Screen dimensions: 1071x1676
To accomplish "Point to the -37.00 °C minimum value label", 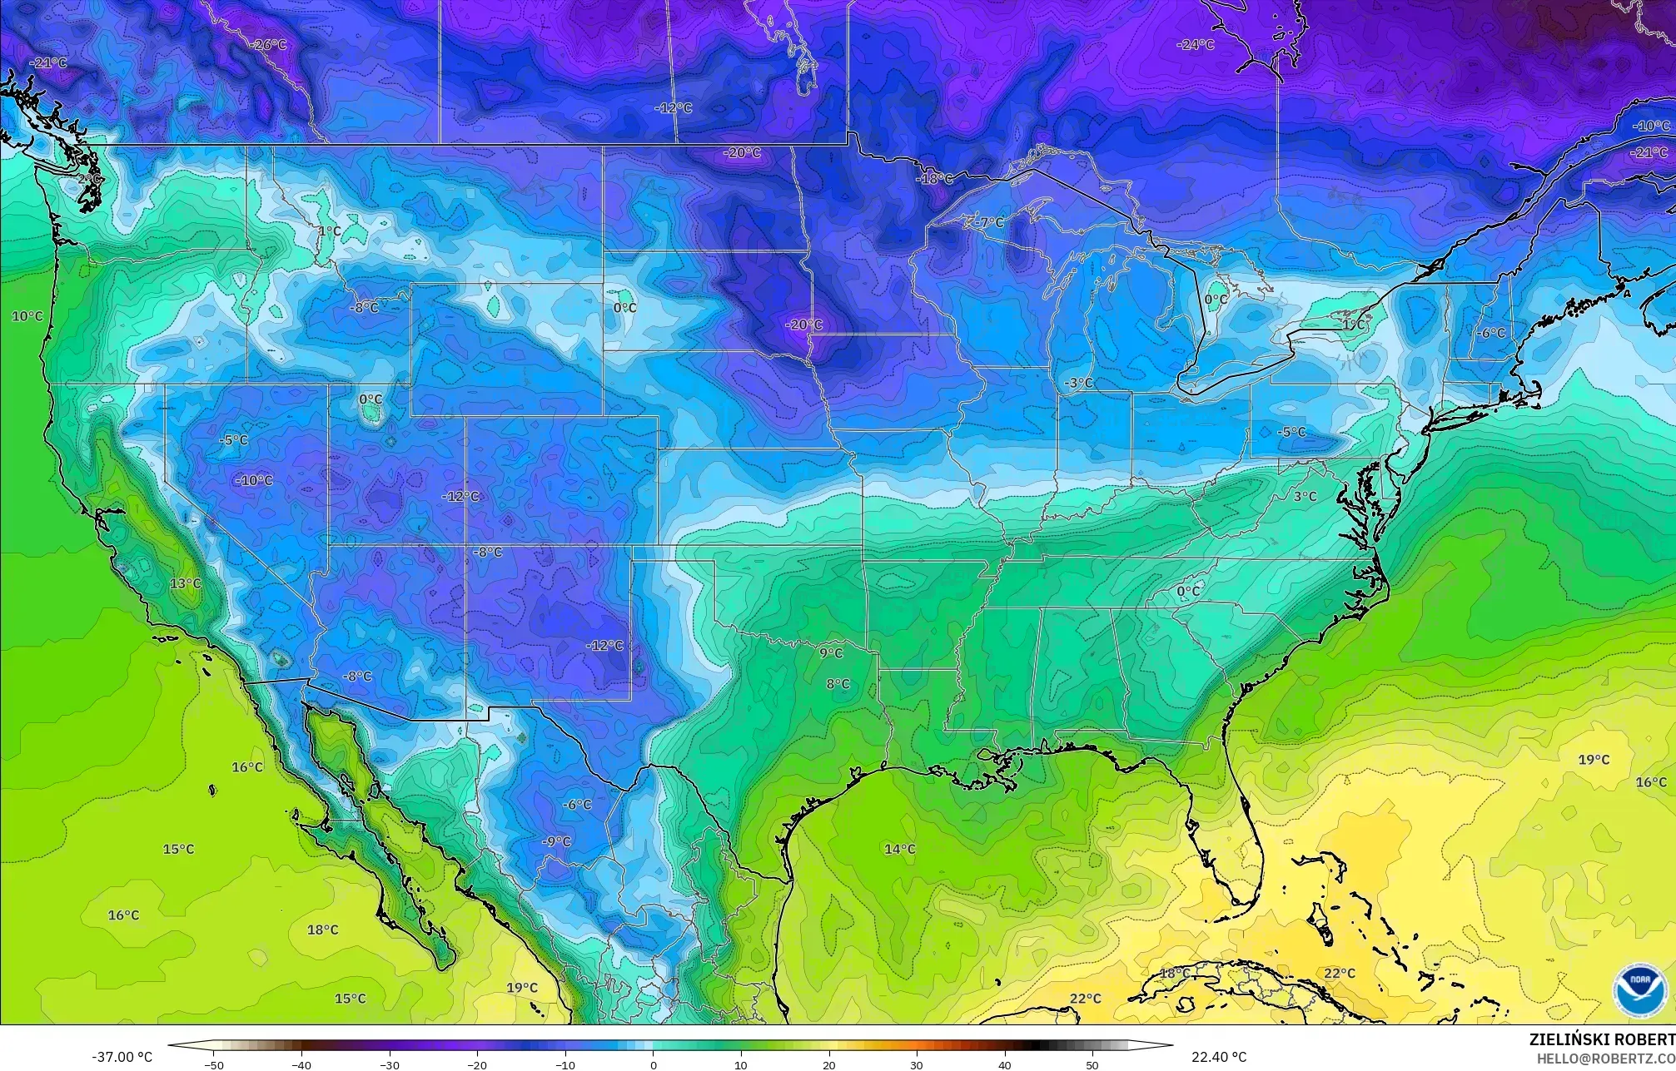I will click(x=122, y=1057).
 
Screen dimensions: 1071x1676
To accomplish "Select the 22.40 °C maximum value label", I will click(x=1219, y=1057).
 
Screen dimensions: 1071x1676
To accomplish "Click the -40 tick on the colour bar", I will click(x=301, y=1064).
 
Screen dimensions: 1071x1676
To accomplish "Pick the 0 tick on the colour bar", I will click(x=653, y=1064).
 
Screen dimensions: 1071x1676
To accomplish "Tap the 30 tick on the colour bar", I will click(x=917, y=1064).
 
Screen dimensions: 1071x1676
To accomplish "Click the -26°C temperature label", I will click(x=270, y=44).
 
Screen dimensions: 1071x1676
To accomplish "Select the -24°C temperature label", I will click(x=1196, y=44).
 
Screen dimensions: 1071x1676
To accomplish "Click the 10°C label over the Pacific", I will click(x=27, y=316).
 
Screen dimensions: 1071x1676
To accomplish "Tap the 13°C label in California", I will click(x=186, y=583).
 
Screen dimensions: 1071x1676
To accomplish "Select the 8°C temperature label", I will click(x=838, y=684).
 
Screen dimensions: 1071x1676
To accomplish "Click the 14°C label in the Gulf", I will click(x=899, y=849).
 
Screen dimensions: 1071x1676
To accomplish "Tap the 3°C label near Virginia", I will click(x=1305, y=496).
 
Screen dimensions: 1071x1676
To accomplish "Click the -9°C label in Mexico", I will click(x=556, y=841).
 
